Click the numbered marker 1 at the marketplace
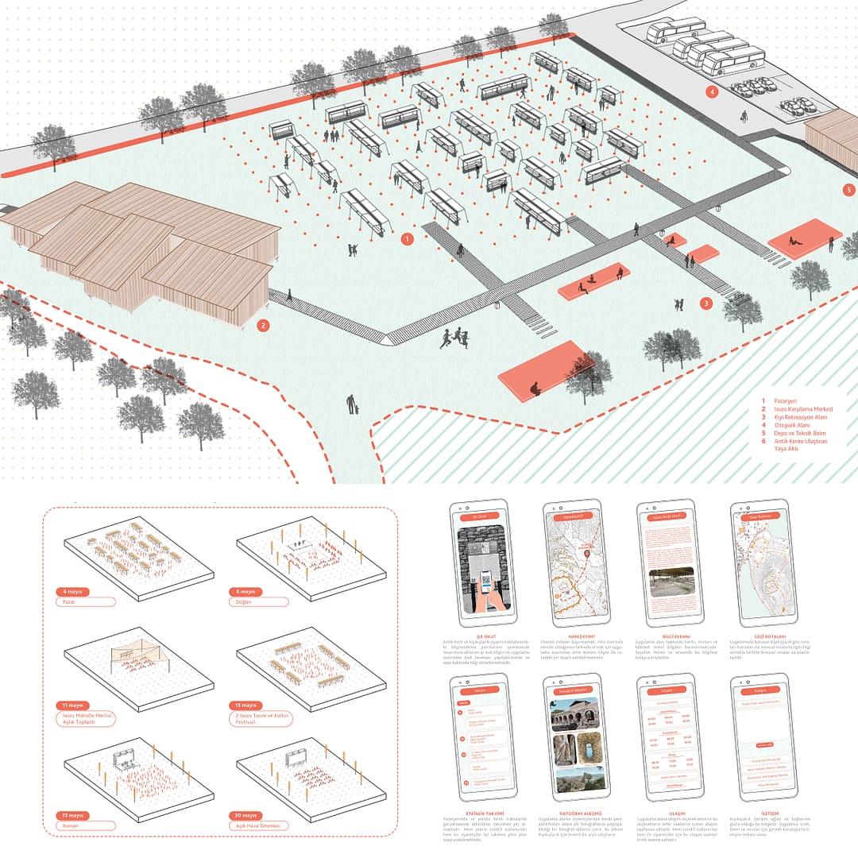407,238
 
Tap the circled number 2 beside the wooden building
264,325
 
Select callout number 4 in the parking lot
712,92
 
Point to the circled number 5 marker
848,190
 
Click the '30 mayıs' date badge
245,816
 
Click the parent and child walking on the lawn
352,404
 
